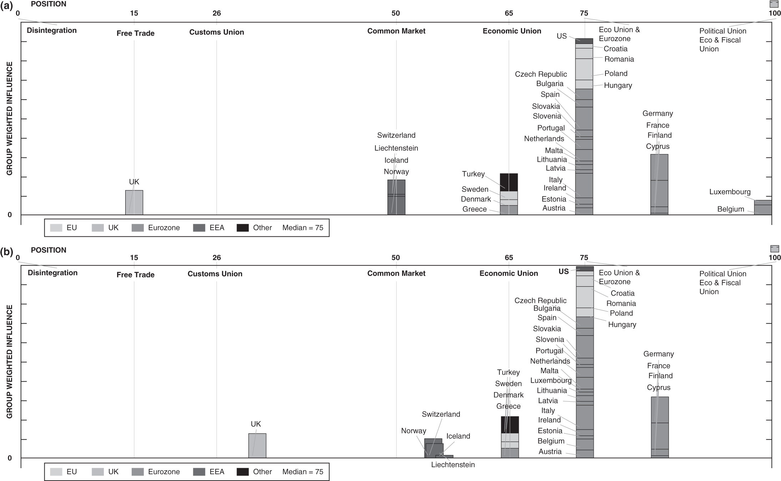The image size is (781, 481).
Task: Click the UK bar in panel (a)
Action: coord(134,202)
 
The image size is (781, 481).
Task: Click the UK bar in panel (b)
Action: coord(257,445)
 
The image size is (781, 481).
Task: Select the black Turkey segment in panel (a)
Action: coord(509,182)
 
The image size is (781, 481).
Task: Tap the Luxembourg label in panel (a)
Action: coord(730,192)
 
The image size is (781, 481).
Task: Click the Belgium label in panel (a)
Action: coord(730,209)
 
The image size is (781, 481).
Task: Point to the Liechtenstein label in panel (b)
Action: coord(453,465)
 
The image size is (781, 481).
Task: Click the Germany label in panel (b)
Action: coord(658,354)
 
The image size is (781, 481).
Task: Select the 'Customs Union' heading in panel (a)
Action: coord(217,32)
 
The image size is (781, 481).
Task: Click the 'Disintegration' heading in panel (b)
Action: coord(52,273)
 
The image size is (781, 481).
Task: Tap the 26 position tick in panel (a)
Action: coord(217,13)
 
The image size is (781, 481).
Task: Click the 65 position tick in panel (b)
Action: coord(509,257)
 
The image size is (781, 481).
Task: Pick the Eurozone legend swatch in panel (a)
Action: coord(138,228)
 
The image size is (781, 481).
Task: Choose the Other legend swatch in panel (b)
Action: coord(243,472)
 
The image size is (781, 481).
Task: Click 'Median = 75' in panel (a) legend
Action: coord(303,228)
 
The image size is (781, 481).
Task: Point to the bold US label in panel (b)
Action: coord(563,271)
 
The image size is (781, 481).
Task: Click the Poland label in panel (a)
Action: coord(616,74)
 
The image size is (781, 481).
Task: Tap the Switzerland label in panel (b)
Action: coord(441,414)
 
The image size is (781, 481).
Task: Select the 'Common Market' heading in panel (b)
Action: coord(396,274)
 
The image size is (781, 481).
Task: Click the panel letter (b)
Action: coord(6,252)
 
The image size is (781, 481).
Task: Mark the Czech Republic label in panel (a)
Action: coord(541,74)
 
